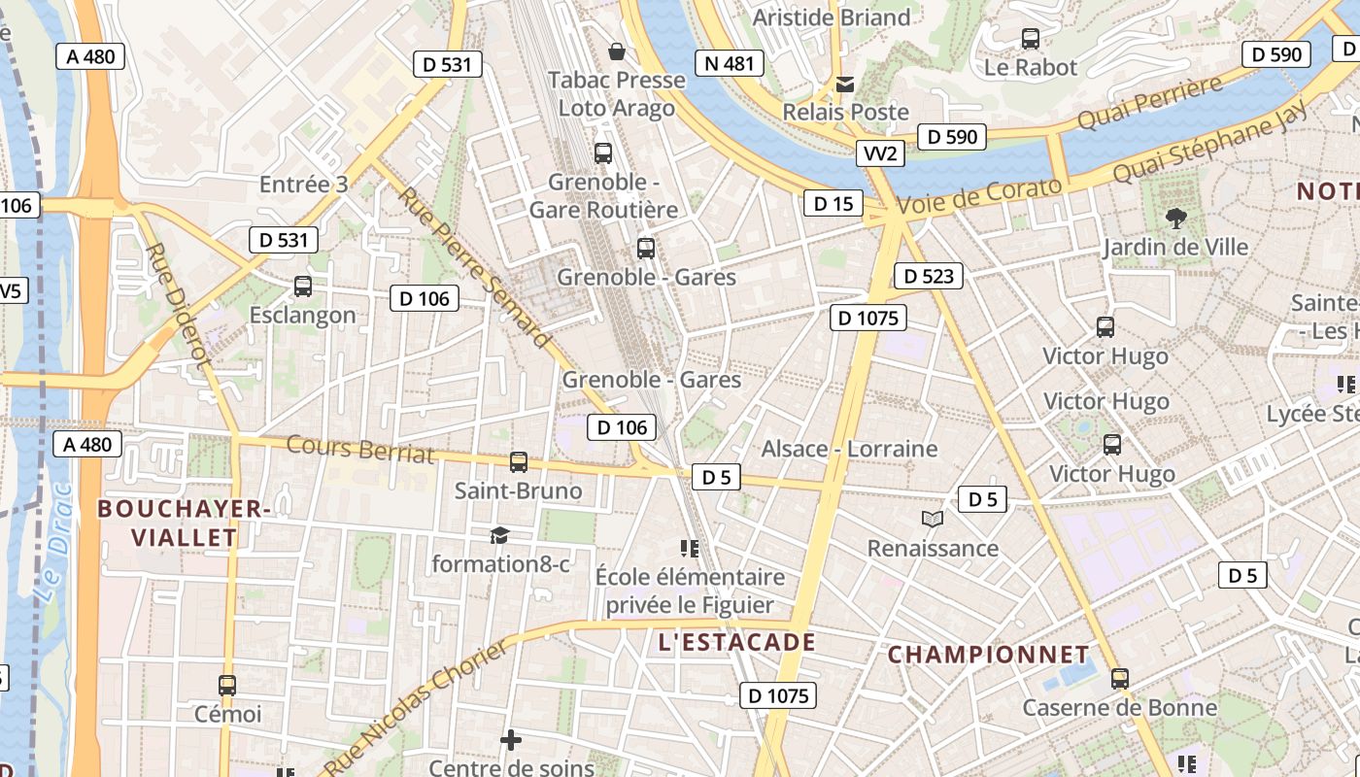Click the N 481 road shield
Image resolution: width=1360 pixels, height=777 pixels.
click(729, 64)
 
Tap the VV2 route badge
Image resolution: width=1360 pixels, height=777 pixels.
click(881, 153)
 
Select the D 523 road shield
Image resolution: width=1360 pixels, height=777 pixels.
click(928, 276)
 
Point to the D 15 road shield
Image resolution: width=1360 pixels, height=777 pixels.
click(833, 203)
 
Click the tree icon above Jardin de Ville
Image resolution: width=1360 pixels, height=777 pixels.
click(1175, 219)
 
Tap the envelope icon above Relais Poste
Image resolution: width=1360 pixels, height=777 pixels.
click(845, 84)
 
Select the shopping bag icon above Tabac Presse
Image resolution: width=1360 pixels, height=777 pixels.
click(616, 51)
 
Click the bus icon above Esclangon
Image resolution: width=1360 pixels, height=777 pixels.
click(303, 287)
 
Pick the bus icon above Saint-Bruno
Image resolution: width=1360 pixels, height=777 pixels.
click(519, 462)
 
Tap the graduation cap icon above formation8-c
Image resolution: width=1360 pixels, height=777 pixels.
click(499, 535)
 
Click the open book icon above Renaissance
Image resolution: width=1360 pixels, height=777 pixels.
click(933, 520)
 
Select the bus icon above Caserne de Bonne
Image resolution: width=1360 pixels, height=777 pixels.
click(1119, 679)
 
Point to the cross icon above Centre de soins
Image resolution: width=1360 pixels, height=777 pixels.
click(510, 741)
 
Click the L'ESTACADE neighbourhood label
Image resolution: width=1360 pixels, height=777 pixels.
click(736, 642)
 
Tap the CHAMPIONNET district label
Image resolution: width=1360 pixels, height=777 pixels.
click(988, 654)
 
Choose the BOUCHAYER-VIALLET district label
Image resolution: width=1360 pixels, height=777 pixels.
click(184, 523)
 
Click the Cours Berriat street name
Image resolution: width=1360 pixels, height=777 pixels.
click(359, 450)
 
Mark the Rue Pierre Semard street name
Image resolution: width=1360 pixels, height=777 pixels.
click(474, 266)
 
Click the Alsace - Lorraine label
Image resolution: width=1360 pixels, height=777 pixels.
click(849, 449)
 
